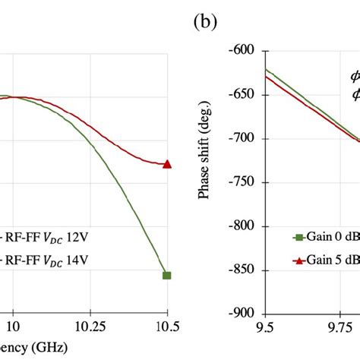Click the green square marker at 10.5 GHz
coord(167,275)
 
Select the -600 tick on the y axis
coord(244,51)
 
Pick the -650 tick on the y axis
coord(244,95)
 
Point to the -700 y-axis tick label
coord(244,139)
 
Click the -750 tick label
coord(244,182)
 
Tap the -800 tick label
coord(244,226)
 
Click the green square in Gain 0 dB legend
coord(298,236)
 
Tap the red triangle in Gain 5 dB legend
coord(298,260)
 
